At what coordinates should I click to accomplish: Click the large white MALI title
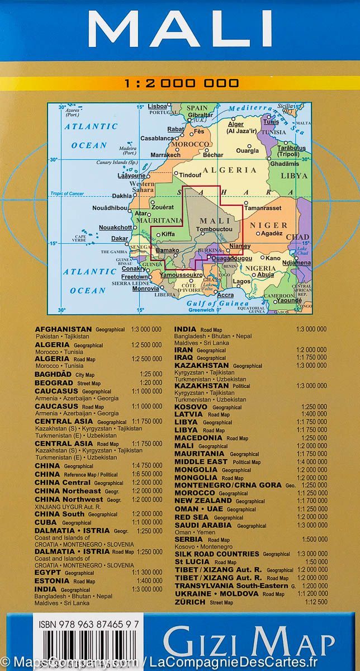(179, 29)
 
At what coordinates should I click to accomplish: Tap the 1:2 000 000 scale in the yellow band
(182, 83)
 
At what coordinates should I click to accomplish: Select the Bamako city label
(168, 250)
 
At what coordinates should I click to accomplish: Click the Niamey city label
(240, 246)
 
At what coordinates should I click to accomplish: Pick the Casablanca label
(157, 138)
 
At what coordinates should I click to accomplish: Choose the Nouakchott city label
(116, 228)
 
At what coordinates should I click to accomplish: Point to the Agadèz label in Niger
(273, 234)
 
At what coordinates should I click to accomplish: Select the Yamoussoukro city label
(181, 276)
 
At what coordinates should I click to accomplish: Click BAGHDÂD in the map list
(54, 374)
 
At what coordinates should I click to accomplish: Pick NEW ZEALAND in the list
(203, 502)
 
